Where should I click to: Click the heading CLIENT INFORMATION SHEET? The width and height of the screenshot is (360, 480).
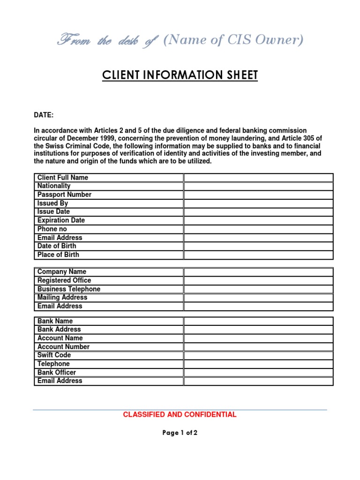tap(180, 75)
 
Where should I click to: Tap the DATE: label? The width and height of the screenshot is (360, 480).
tap(44, 115)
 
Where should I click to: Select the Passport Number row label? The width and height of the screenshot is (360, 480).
tap(64, 195)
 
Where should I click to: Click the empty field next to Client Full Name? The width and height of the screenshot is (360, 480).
tap(258, 178)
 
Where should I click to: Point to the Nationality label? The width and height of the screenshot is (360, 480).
tap(54, 186)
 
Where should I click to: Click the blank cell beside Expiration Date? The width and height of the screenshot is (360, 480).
tap(258, 220)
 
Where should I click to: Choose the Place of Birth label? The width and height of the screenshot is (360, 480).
tap(58, 255)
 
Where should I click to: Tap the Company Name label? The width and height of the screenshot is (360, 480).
tap(61, 272)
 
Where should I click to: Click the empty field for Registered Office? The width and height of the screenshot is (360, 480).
tap(258, 280)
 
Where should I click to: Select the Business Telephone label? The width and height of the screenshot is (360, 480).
tap(68, 289)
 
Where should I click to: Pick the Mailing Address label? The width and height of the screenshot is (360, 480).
tap(62, 298)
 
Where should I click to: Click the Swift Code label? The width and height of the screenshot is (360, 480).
tap(54, 355)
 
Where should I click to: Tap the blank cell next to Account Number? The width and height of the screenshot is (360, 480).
tap(258, 347)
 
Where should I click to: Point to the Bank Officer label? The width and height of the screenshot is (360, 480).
tap(56, 373)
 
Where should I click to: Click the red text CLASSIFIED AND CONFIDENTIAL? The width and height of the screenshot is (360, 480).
tap(180, 415)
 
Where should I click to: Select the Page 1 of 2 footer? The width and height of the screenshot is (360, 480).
tap(180, 433)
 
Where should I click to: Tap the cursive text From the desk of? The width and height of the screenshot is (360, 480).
tap(107, 41)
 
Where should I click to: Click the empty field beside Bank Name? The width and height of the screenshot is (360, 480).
tap(258, 321)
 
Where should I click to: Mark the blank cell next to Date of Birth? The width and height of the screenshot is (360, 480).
tap(258, 246)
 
